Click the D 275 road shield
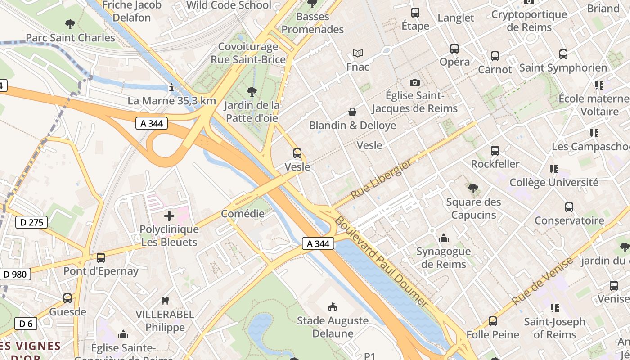click(x=31, y=222)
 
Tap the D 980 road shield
click(x=15, y=274)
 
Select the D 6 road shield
click(x=26, y=323)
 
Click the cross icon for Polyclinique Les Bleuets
click(x=169, y=216)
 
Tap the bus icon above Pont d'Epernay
click(x=101, y=258)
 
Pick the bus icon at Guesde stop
click(x=67, y=298)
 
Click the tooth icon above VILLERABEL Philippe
click(x=165, y=301)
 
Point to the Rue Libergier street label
click(x=381, y=180)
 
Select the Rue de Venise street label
click(x=543, y=281)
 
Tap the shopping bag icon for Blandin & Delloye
click(x=352, y=112)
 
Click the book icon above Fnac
click(x=358, y=54)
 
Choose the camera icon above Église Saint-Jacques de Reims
click(x=414, y=82)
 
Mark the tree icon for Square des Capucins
click(x=473, y=189)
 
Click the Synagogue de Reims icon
click(x=443, y=238)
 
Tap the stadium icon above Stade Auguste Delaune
click(x=333, y=307)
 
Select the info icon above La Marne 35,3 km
click(x=171, y=87)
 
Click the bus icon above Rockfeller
click(x=495, y=151)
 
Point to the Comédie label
click(x=243, y=214)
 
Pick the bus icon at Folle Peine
click(x=493, y=321)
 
